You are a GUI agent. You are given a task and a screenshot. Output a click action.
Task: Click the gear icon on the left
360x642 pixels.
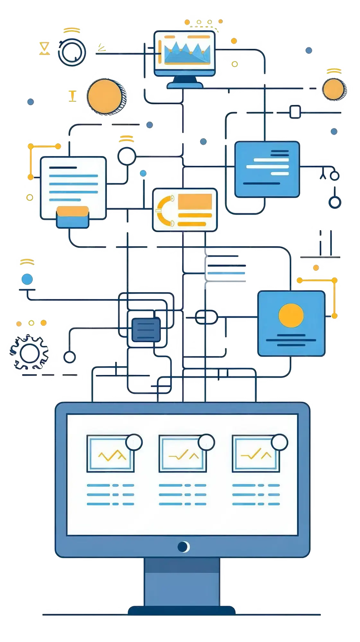click(29, 352)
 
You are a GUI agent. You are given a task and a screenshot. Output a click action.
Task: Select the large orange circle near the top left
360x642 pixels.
click(105, 96)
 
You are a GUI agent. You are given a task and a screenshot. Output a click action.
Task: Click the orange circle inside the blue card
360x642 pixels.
click(291, 316)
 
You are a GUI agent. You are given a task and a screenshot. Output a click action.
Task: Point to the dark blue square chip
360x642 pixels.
click(146, 330)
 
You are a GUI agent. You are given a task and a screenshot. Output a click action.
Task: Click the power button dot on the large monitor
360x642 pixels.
click(183, 547)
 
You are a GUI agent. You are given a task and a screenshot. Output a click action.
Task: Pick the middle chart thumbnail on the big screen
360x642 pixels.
click(183, 454)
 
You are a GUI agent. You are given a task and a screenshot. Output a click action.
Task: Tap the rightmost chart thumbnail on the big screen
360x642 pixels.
click(256, 454)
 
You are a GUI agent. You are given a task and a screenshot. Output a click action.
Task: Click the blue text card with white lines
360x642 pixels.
click(267, 169)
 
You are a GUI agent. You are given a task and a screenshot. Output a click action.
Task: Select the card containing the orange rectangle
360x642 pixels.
click(185, 210)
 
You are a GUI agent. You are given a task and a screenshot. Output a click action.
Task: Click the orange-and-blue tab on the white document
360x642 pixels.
click(73, 217)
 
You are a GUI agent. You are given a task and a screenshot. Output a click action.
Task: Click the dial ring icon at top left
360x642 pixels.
click(72, 52)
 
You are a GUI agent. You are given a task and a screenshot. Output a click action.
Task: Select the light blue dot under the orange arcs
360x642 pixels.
click(27, 279)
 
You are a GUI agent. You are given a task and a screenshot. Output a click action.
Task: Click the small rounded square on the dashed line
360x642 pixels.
click(295, 112)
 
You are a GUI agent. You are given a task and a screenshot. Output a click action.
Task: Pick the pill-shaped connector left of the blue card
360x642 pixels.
click(206, 317)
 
